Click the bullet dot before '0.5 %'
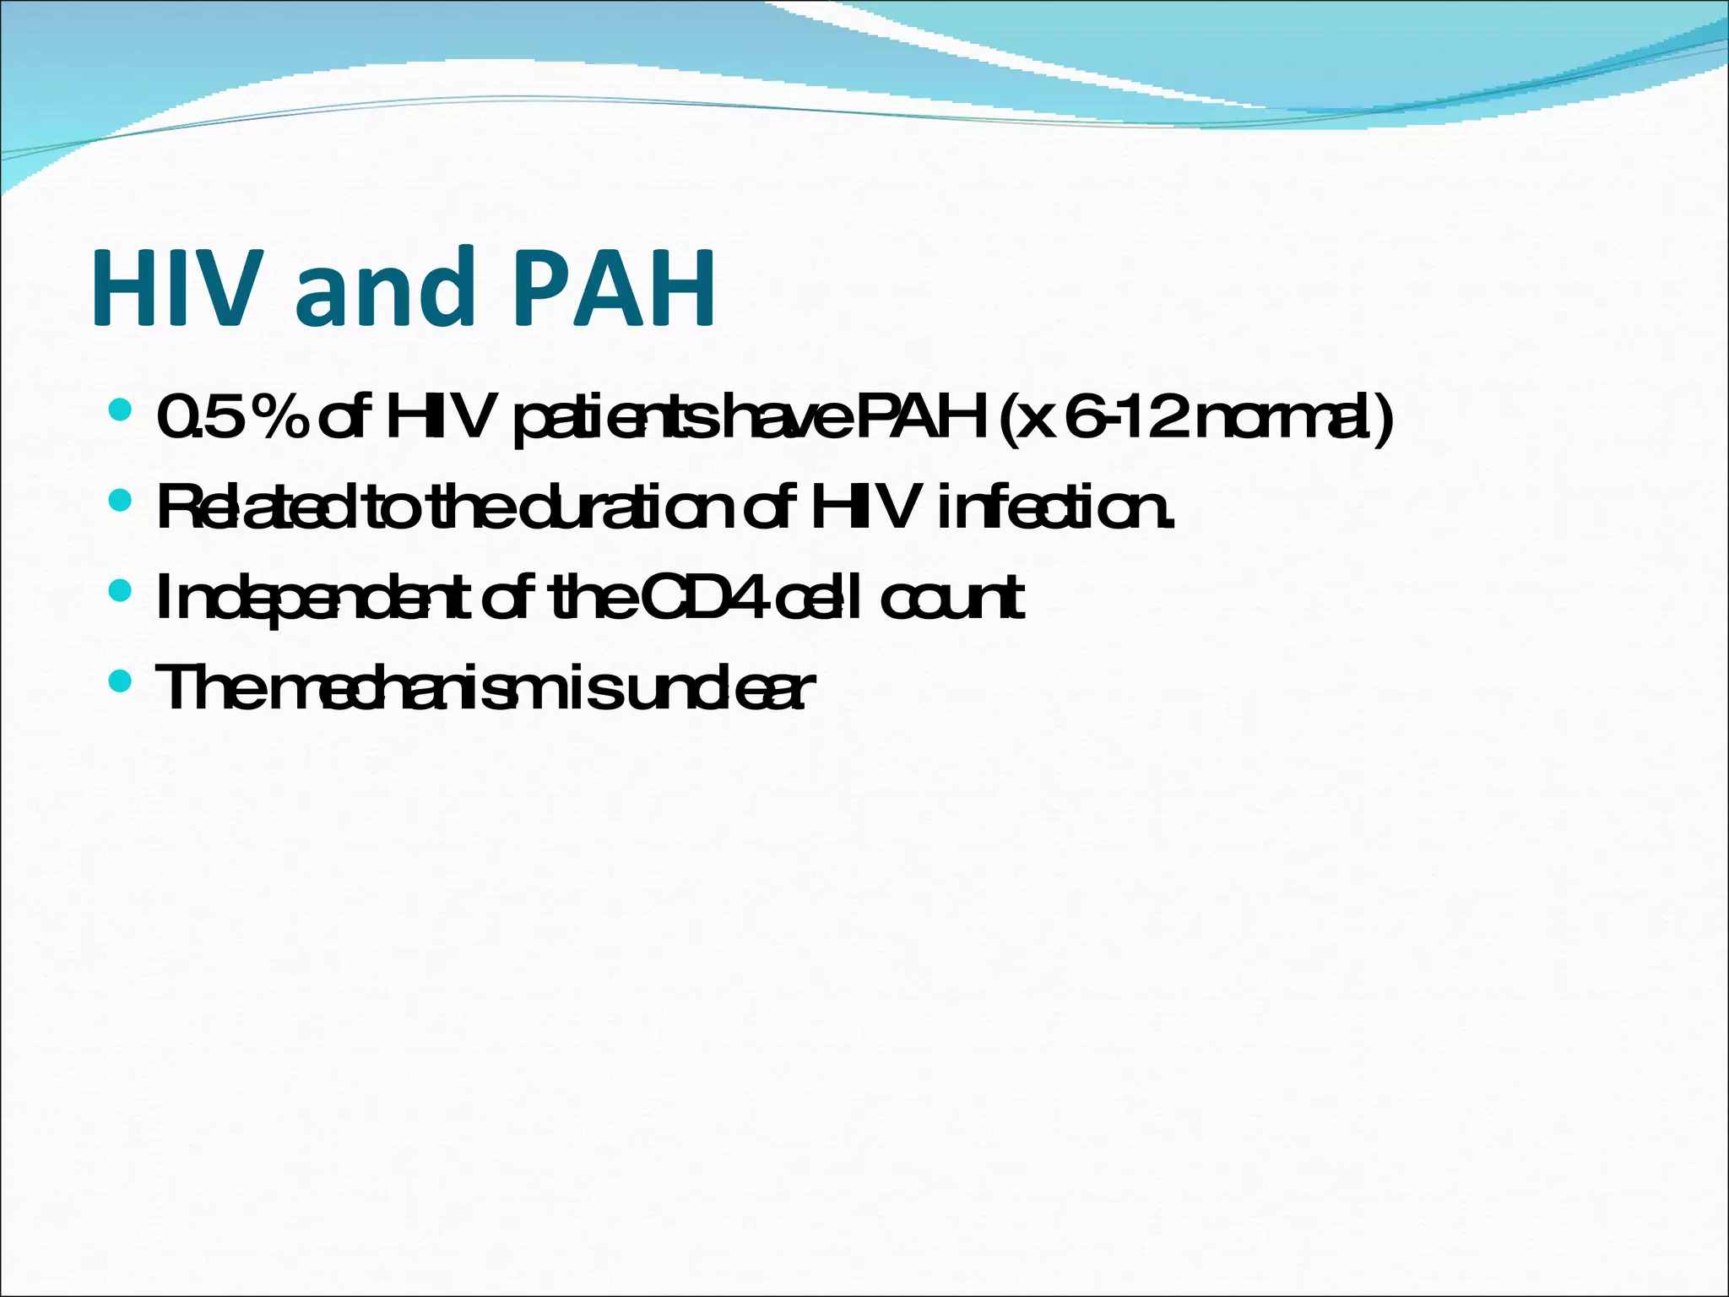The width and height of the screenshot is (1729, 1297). pyautogui.click(x=121, y=411)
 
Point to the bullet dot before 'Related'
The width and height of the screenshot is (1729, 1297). pyautogui.click(x=121, y=502)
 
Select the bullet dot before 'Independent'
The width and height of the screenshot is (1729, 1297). pyautogui.click(x=121, y=591)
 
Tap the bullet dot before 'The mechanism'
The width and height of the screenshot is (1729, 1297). pyautogui.click(x=121, y=681)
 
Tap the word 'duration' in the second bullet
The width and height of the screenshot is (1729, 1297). pyautogui.click(x=626, y=508)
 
